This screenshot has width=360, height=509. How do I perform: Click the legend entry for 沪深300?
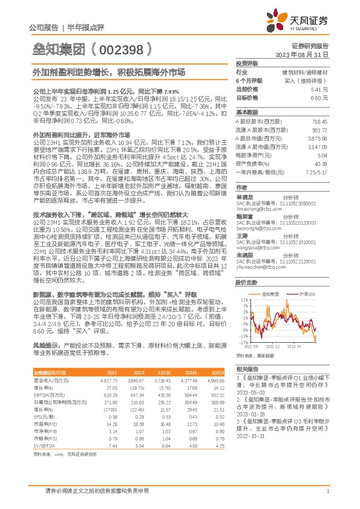[x=306, y=293]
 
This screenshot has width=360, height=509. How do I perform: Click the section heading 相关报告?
[x=246, y=368]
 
